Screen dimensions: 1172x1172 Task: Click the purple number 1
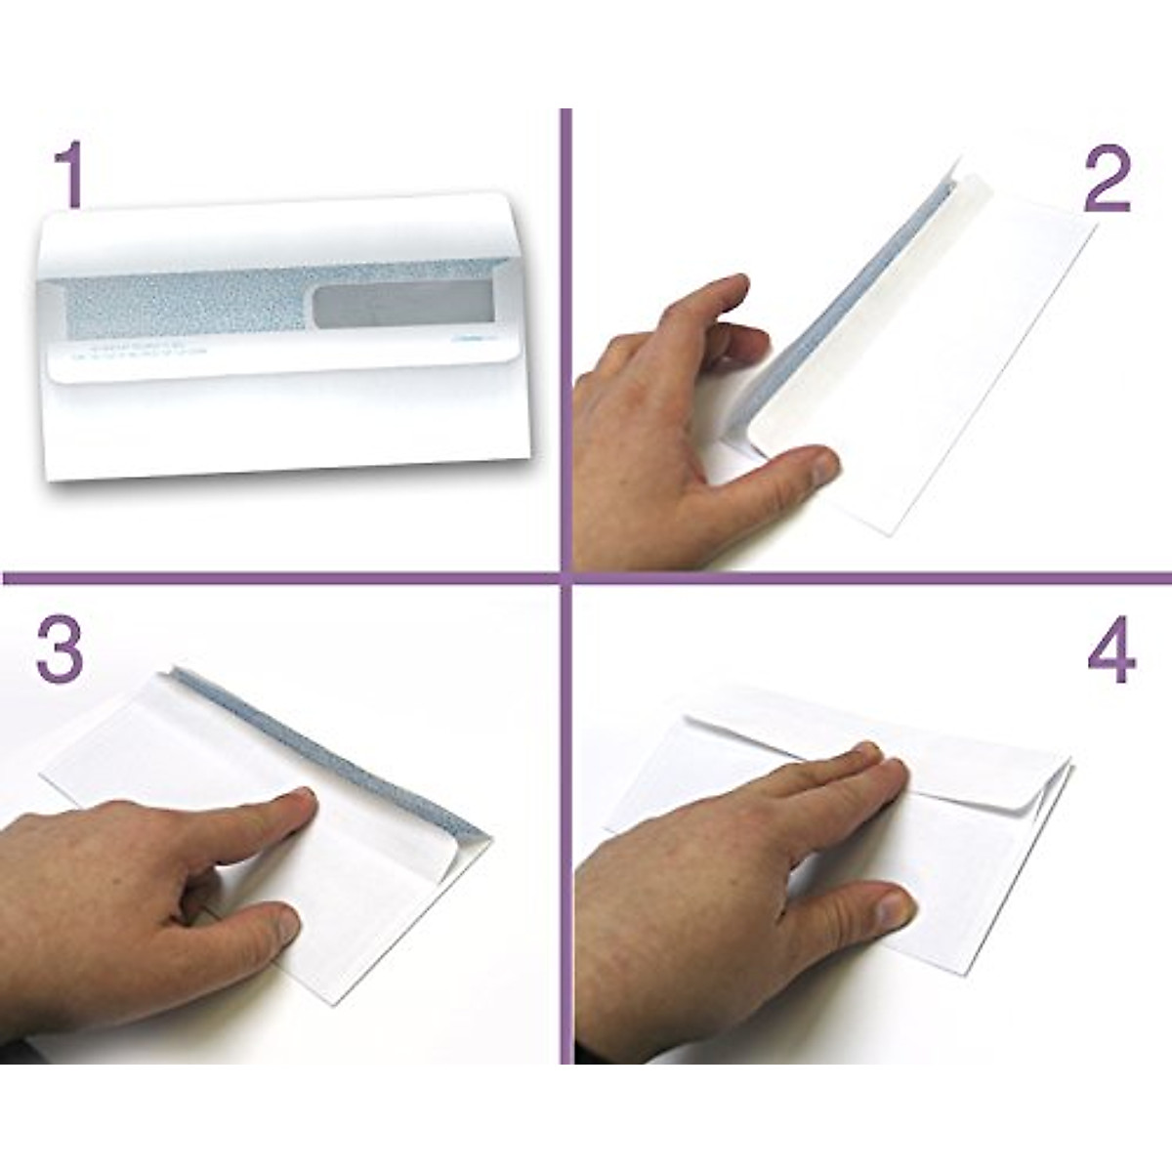pos(67,174)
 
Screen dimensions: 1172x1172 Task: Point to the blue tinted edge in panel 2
pos(859,283)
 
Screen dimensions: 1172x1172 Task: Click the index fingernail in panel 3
pos(296,803)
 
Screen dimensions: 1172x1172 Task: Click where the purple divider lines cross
pos(565,577)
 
